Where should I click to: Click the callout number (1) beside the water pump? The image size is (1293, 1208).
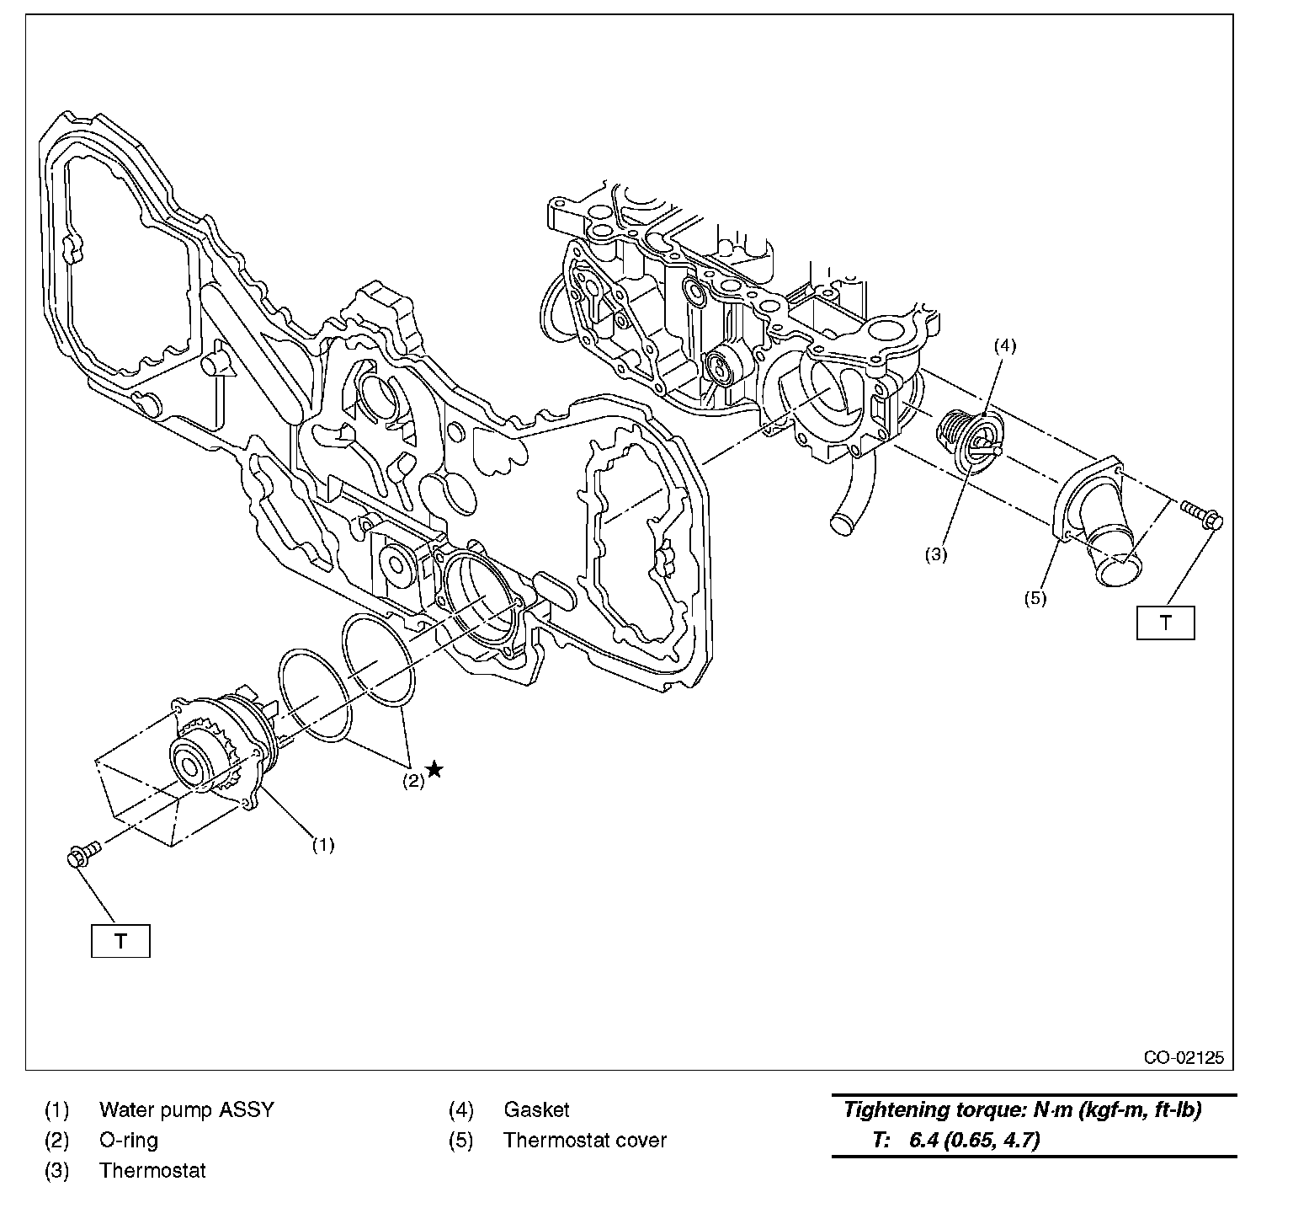coord(323,844)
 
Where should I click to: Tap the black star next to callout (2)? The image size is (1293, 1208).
coord(434,768)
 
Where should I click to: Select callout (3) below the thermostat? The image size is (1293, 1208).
coord(936,555)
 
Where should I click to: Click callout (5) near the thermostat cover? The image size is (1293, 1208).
coord(1035,599)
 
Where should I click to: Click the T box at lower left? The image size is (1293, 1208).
coord(120,941)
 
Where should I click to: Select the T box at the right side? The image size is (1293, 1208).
coord(1165,623)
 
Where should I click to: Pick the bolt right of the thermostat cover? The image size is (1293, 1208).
coord(1201,514)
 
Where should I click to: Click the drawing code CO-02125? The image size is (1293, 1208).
coord(1183,1058)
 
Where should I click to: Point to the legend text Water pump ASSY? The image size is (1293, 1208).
coord(186,1109)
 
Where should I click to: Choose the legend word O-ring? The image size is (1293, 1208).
coord(128,1140)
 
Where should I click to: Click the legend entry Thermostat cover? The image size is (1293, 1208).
coord(584,1140)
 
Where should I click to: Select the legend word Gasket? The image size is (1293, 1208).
coord(536,1109)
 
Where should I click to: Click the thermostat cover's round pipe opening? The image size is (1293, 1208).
coord(1118,572)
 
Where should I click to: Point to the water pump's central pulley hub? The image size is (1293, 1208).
coord(189,766)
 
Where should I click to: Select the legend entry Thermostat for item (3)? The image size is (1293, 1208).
coord(152,1170)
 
